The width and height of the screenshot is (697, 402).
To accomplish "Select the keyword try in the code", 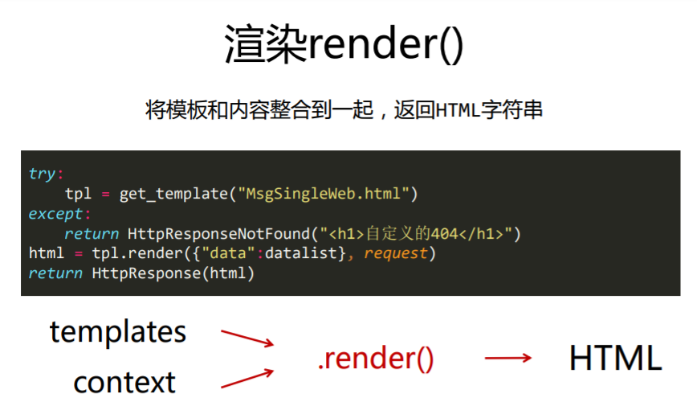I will click(x=42, y=174).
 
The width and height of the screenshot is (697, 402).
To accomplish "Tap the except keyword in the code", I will click(x=56, y=214).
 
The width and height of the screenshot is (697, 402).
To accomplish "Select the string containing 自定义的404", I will click(x=417, y=234).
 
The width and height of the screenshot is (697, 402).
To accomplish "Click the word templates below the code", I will click(x=118, y=331).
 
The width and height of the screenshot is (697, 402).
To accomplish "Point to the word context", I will click(x=124, y=380).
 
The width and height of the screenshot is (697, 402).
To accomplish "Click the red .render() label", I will click(x=376, y=359).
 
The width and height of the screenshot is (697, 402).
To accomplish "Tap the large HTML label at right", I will click(x=615, y=359).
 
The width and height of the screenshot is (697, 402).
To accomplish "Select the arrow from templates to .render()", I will click(x=247, y=338).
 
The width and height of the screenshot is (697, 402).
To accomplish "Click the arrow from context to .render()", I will click(x=247, y=379).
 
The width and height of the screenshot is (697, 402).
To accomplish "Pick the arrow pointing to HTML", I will click(x=508, y=359).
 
